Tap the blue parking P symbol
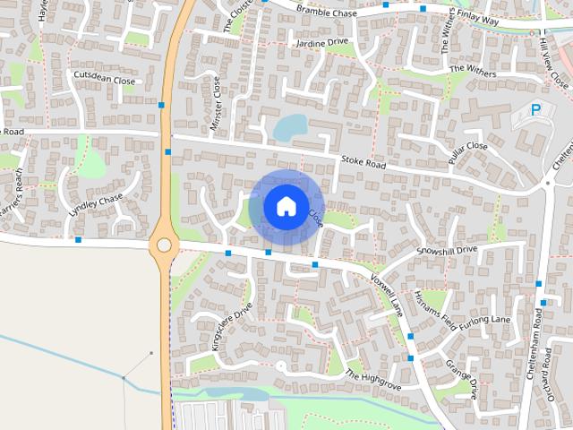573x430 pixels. pyautogui.click(x=536, y=110)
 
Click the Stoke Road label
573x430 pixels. pyautogui.click(x=363, y=164)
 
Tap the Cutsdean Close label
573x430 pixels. pyautogui.click(x=104, y=78)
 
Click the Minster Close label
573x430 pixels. pyautogui.click(x=215, y=105)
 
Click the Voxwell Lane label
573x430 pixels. pyautogui.click(x=387, y=294)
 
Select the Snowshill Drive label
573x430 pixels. pyautogui.click(x=448, y=250)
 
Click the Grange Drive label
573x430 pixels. pyautogui.click(x=461, y=379)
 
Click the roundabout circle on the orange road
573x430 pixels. pyautogui.click(x=164, y=244)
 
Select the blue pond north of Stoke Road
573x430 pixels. pyautogui.click(x=290, y=128)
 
